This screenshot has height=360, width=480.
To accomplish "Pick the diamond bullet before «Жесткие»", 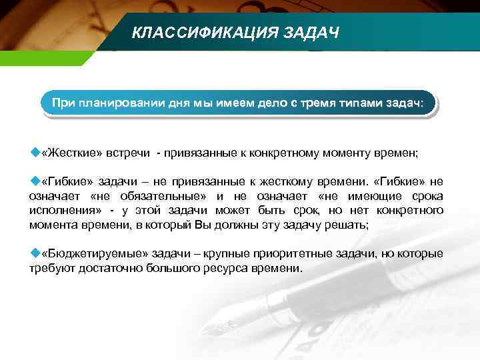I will (x=35, y=153).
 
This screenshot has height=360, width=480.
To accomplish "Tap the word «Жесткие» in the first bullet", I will (x=71, y=153).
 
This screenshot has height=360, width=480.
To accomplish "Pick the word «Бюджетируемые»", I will (x=87, y=255).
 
